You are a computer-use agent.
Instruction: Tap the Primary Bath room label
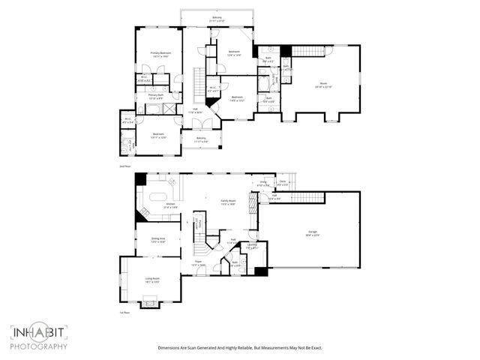156,97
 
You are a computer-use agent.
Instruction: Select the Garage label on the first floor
312,235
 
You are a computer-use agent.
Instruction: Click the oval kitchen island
158,197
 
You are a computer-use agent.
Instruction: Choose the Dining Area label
158,241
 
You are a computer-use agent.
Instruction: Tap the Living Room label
152,280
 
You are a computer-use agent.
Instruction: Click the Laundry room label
252,246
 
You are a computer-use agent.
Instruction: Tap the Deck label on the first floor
283,183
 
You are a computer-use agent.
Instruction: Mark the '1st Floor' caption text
124,313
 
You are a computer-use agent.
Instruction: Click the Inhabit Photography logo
39,337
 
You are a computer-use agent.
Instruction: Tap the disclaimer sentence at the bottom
239,348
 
